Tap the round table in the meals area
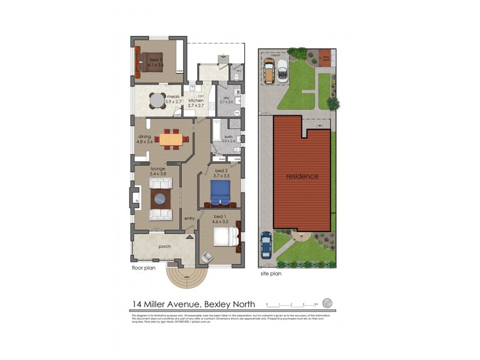[158, 100]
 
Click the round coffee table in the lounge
[161, 199]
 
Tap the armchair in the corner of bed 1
[206, 256]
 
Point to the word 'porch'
[165, 246]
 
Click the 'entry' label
[190, 218]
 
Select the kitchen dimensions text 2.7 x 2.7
[196, 106]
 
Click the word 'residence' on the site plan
[302, 176]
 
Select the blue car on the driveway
[266, 245]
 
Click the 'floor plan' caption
[143, 268]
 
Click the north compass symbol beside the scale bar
[327, 302]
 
